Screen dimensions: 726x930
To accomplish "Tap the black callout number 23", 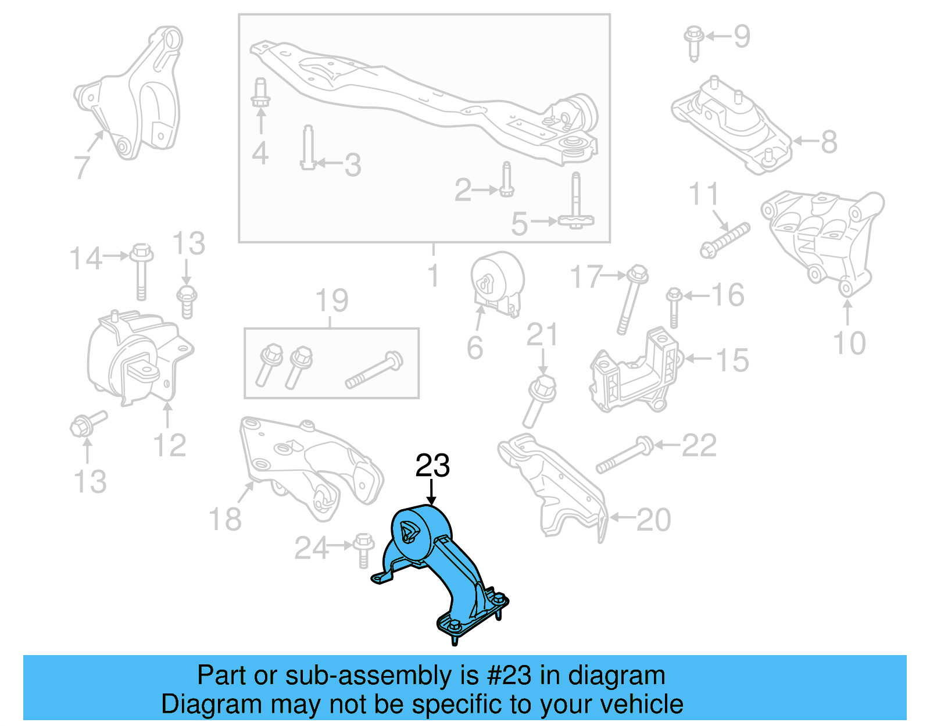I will click(x=432, y=466).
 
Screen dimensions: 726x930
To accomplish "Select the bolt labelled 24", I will click(x=363, y=549).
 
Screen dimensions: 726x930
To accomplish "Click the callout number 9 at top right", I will click(x=742, y=36).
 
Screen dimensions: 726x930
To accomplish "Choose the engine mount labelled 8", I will click(x=732, y=125).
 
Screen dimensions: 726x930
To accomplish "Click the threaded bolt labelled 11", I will click(x=725, y=240).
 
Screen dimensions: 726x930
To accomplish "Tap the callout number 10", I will click(x=849, y=343).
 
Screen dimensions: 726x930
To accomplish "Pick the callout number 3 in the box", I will click(x=353, y=165).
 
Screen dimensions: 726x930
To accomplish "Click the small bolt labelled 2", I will click(x=507, y=180).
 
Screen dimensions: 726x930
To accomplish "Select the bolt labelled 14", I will click(x=141, y=271).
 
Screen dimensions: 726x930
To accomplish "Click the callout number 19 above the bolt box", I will click(x=331, y=301).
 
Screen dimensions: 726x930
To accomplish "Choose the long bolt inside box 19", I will click(x=374, y=370).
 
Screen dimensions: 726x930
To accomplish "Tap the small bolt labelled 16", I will click(x=674, y=307).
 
